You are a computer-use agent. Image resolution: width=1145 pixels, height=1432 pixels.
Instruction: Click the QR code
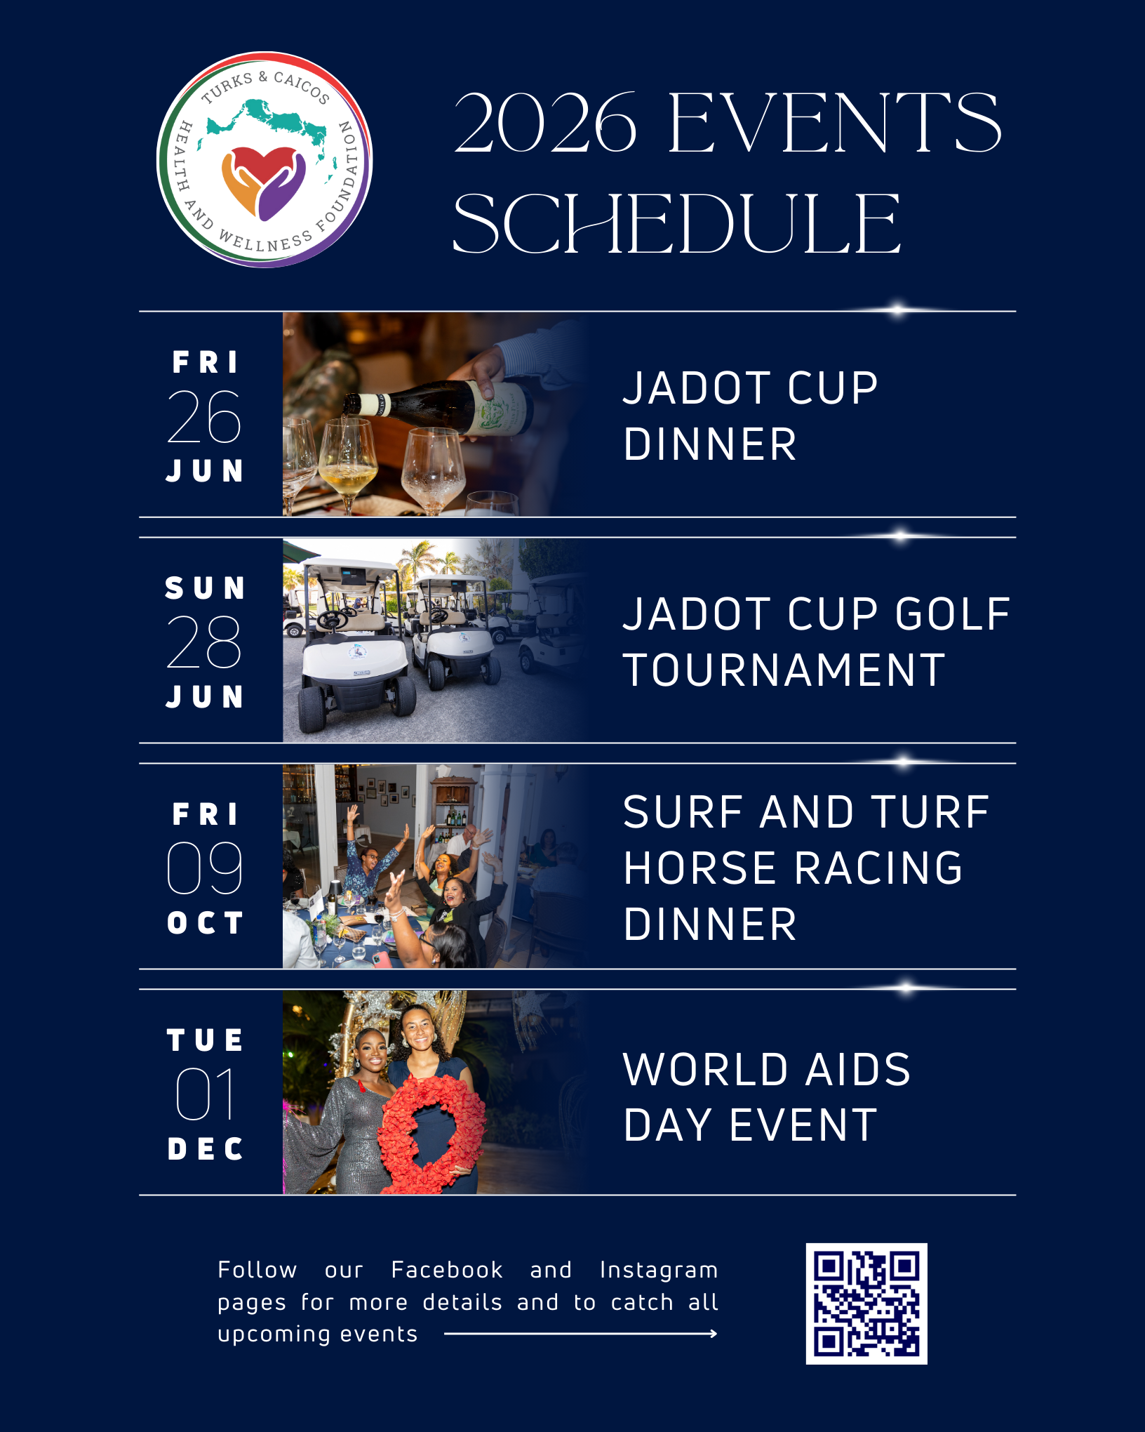pyautogui.click(x=866, y=1304)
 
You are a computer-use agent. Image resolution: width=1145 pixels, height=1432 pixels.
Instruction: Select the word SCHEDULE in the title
pyautogui.click(x=677, y=224)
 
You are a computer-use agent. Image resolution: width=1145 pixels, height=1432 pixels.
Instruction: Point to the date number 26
pyautogui.click(x=204, y=417)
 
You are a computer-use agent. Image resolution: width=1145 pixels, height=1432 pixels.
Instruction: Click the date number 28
pyautogui.click(x=204, y=642)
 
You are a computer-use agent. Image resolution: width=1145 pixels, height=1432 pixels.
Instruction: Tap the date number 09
pyautogui.click(x=205, y=868)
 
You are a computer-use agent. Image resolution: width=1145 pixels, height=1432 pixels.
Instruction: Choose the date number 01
pyautogui.click(x=205, y=1094)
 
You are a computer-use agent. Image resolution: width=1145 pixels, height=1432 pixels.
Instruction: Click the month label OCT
pyautogui.click(x=205, y=922)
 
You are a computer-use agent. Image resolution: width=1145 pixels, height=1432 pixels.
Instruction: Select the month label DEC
pyautogui.click(x=205, y=1149)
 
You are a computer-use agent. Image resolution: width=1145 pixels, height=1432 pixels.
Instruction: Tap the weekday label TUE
pyautogui.click(x=205, y=1040)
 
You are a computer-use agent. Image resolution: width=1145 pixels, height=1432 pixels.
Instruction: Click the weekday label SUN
pyautogui.click(x=205, y=588)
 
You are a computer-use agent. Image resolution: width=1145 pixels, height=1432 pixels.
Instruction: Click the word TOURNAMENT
pyautogui.click(x=784, y=670)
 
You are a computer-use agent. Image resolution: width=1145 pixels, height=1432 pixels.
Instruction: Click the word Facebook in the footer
pyautogui.click(x=447, y=1270)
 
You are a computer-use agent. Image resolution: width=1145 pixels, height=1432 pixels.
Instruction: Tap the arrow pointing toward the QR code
pyautogui.click(x=581, y=1334)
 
